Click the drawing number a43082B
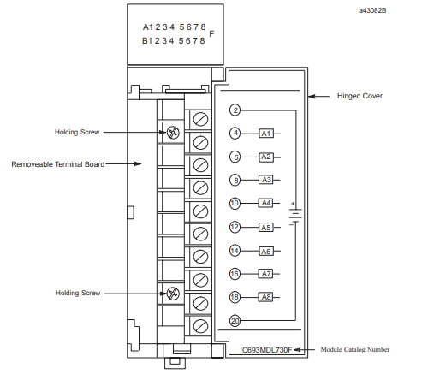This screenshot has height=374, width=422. [x=372, y=10]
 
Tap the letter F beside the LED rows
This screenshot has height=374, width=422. [x=211, y=34]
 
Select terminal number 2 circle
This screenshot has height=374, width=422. [x=235, y=110]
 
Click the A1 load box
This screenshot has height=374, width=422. [x=266, y=134]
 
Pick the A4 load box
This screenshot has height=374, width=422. [x=266, y=203]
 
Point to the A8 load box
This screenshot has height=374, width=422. [x=266, y=297]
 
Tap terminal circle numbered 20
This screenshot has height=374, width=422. [x=235, y=321]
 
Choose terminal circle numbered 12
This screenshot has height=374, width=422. [x=235, y=227]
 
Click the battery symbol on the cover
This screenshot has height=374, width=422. [x=295, y=215]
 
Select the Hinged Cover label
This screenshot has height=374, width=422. [x=360, y=96]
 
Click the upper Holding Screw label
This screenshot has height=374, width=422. [x=77, y=132]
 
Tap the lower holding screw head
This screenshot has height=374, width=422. [x=173, y=294]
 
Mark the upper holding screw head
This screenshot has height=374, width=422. [x=173, y=133]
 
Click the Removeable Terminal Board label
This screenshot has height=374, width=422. [x=58, y=164]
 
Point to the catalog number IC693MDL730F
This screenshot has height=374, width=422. [x=266, y=350]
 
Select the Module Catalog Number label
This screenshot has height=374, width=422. [x=355, y=349]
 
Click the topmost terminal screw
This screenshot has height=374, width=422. [x=200, y=119]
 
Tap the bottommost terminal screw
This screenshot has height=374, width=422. [x=200, y=326]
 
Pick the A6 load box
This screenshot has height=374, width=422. [x=266, y=252]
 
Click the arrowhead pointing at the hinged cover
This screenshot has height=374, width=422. [x=312, y=97]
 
